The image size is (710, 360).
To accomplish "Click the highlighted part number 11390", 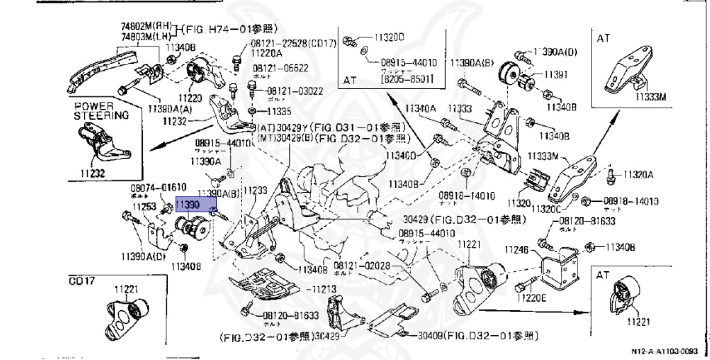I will [x=187, y=206].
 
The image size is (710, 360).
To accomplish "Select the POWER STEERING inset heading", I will [x=101, y=112].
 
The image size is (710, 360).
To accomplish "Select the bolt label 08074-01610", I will [x=157, y=188].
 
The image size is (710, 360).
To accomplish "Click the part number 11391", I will [x=555, y=76].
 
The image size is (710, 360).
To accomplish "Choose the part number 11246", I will [x=516, y=250].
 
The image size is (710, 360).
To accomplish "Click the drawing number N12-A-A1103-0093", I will [x=669, y=352].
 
